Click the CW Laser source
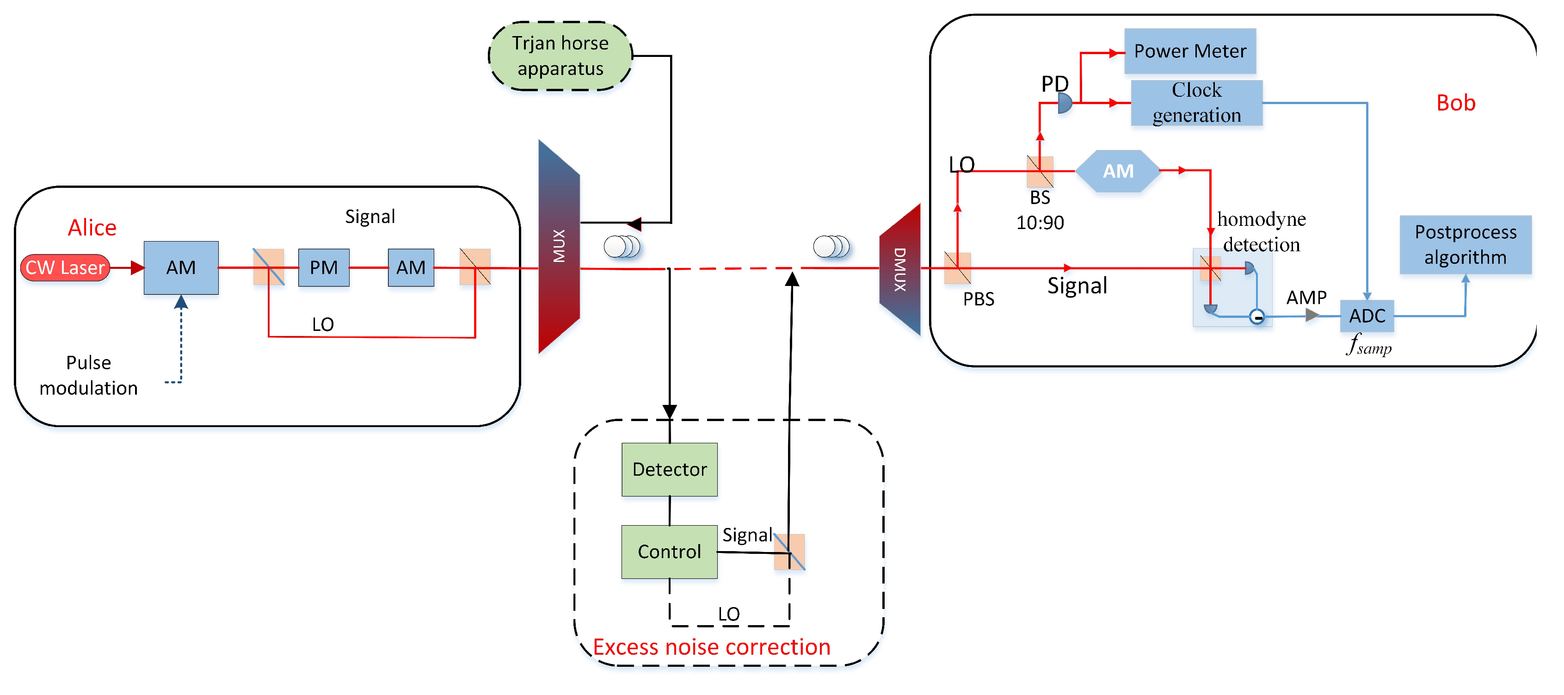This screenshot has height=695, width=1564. point(65,268)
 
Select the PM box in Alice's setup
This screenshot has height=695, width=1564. point(324,267)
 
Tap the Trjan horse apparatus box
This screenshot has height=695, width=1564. point(560,56)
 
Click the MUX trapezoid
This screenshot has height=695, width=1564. point(559,247)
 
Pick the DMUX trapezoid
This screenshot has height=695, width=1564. point(900,269)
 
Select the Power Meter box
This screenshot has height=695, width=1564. point(1190,51)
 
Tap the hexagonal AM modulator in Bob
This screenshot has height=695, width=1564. point(1118,171)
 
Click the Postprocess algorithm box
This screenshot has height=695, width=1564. point(1465,245)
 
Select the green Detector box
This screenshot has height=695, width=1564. point(670,470)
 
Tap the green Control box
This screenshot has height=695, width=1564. point(670,552)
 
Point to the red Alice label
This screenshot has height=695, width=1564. point(92,228)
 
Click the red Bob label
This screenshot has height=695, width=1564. point(1456,103)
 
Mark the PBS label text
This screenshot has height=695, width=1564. point(979,299)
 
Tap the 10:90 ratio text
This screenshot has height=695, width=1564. point(1040,223)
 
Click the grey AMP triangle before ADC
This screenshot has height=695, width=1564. point(1312,315)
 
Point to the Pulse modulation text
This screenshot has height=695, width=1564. point(89,375)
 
